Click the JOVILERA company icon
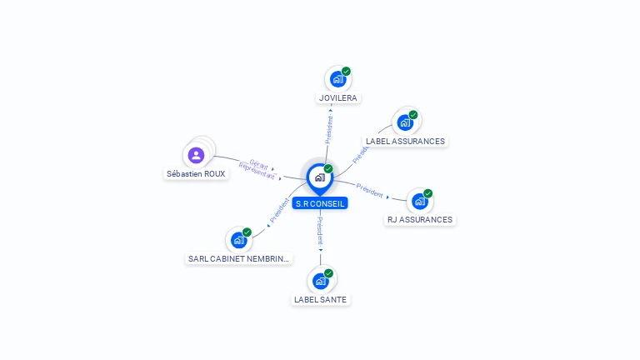pyautogui.click(x=337, y=79)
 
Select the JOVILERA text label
pyautogui.click(x=337, y=98)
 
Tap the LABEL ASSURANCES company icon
pyautogui.click(x=405, y=122)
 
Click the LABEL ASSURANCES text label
pyautogui.click(x=405, y=142)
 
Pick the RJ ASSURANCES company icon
pyautogui.click(x=419, y=201)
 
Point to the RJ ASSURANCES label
pyautogui.click(x=419, y=220)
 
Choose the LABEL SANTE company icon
pyautogui.click(x=321, y=281)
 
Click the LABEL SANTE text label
pyautogui.click(x=321, y=300)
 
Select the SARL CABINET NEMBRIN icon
pyautogui.click(x=239, y=240)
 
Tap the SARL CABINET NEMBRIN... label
pyautogui.click(x=239, y=259)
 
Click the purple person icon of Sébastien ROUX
pyautogui.click(x=196, y=155)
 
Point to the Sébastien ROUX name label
pyautogui.click(x=196, y=174)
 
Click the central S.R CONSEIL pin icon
pyautogui.click(x=319, y=177)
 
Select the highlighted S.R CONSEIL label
pyautogui.click(x=319, y=203)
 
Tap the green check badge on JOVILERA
pyautogui.click(x=346, y=71)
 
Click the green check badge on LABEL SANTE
pyautogui.click(x=329, y=273)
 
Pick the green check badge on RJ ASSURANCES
pyautogui.click(x=427, y=192)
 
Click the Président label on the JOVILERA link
pyautogui.click(x=329, y=129)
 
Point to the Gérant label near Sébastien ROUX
pyautogui.click(x=257, y=164)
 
